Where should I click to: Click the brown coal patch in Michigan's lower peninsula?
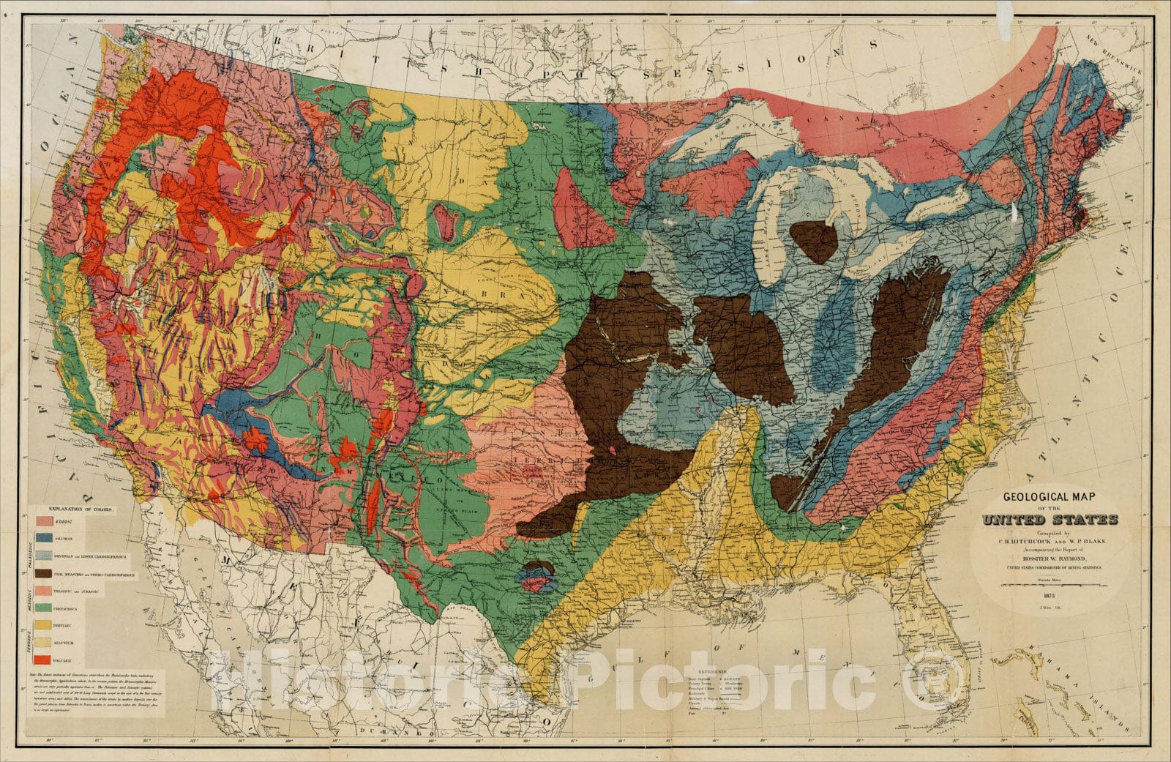[x=814, y=242]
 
